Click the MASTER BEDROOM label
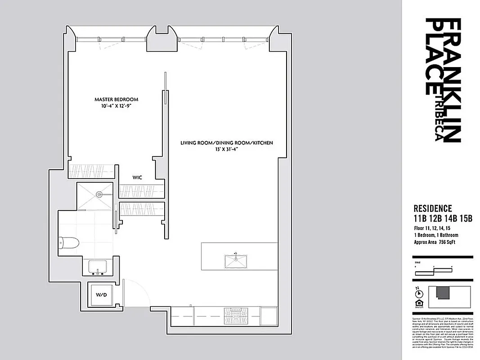coord(116,99)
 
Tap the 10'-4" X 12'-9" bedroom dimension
coord(116,106)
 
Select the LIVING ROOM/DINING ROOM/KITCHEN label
coord(227,143)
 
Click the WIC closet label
coord(137,178)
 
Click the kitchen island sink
coord(236,260)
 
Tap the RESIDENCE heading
coord(432,208)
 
